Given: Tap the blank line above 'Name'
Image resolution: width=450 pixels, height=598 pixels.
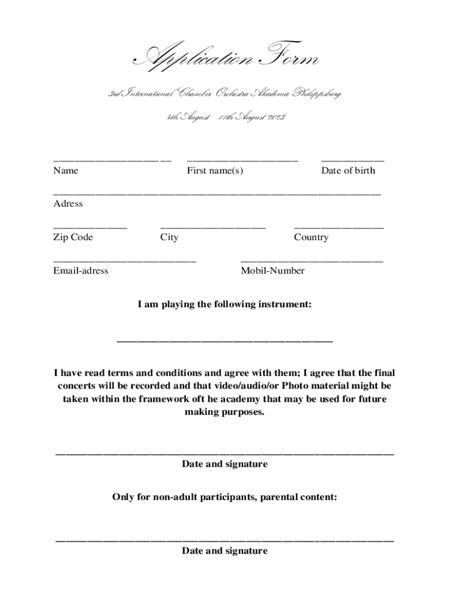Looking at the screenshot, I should (x=112, y=159).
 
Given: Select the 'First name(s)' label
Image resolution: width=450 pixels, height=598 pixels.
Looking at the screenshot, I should (x=214, y=171).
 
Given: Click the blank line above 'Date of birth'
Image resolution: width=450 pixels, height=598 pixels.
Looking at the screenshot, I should (x=352, y=159).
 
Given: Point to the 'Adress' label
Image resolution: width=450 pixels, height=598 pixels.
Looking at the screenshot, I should (x=68, y=204).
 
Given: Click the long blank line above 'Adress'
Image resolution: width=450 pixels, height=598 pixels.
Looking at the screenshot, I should (x=217, y=193).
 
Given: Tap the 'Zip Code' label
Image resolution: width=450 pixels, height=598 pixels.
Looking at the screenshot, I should (x=72, y=237).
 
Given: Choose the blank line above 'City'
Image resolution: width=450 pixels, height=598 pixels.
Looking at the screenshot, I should (x=213, y=227).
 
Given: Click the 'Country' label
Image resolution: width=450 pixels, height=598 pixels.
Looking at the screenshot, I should (x=311, y=237).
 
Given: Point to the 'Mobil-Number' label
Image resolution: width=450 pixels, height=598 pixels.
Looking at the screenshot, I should (x=272, y=271).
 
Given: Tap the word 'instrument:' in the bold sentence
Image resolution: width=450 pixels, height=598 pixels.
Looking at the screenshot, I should (x=283, y=304).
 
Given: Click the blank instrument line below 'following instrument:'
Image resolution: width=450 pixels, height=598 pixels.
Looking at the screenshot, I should (x=225, y=340).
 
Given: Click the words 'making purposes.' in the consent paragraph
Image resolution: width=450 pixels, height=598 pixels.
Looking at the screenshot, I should (x=225, y=412).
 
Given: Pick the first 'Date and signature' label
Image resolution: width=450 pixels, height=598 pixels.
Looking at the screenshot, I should (x=225, y=464).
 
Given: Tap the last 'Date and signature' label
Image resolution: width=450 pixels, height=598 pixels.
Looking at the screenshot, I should (x=225, y=551).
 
